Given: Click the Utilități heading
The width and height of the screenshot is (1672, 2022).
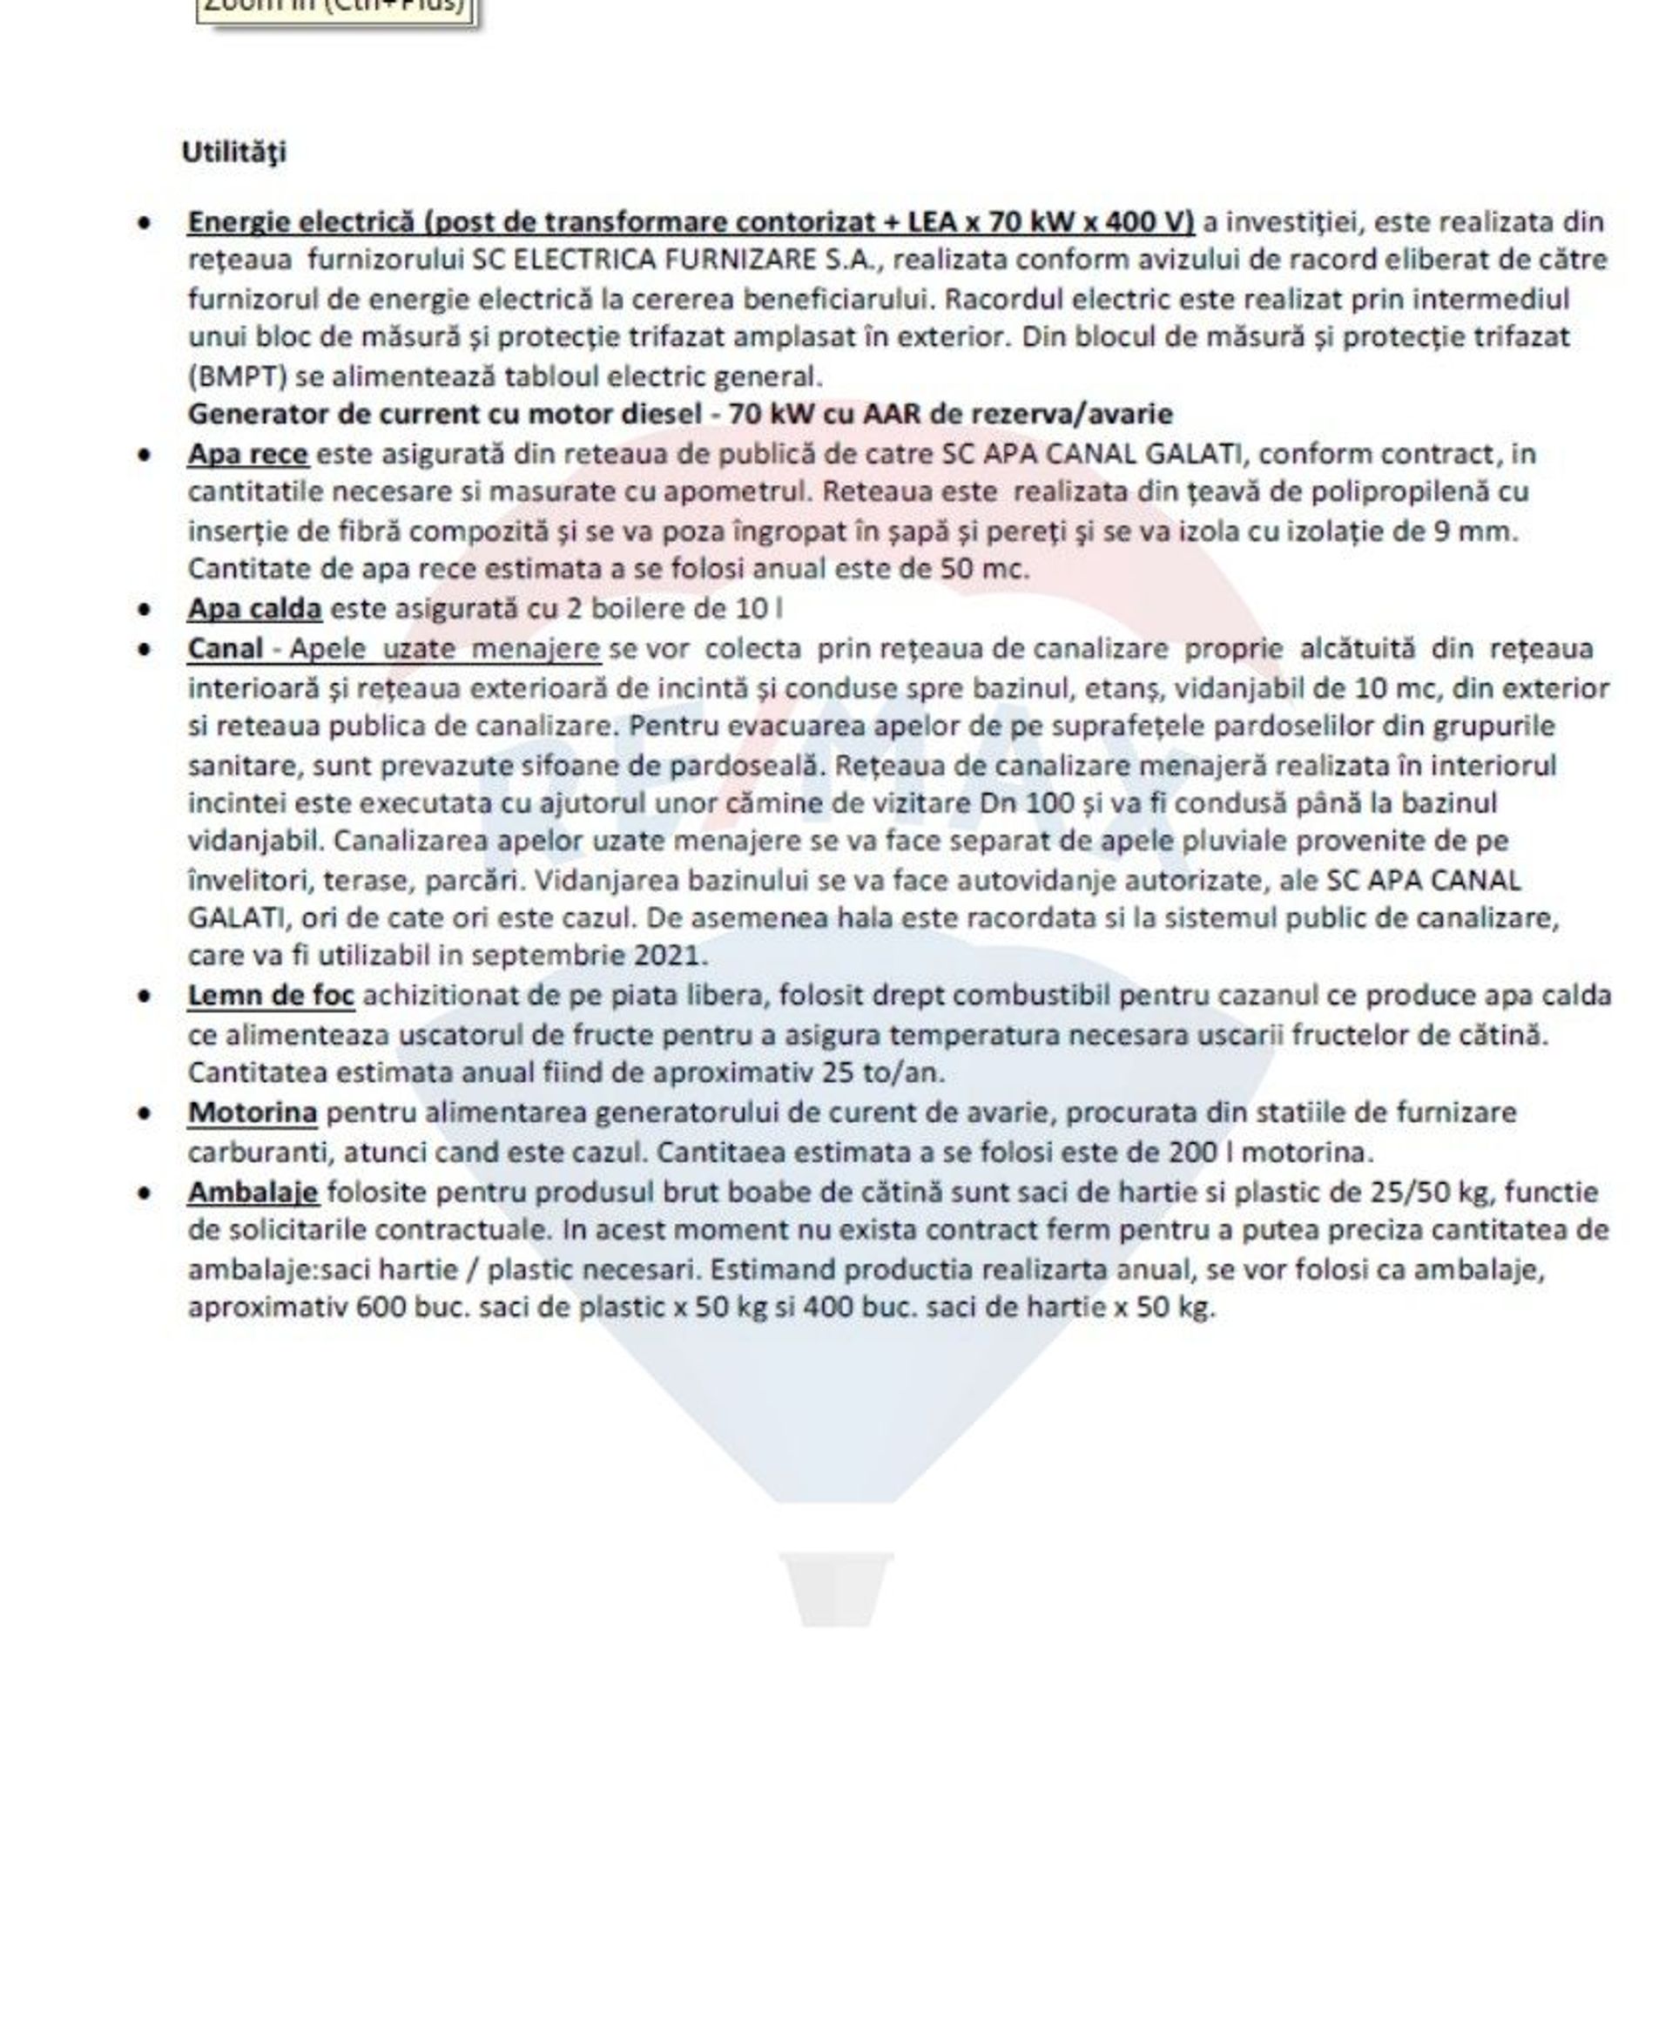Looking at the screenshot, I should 234,152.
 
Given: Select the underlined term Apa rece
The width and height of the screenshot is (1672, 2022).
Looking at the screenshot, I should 247,454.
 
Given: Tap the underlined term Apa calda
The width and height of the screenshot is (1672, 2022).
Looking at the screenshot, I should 254,609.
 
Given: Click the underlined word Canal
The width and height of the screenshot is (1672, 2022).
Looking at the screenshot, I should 226,648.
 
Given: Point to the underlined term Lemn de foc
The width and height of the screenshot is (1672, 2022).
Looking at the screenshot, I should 271,995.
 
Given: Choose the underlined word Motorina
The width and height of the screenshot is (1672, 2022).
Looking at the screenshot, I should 253,1112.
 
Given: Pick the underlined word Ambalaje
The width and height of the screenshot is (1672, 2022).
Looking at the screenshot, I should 253,1192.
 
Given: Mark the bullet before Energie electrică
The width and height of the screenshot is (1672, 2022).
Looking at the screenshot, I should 144,222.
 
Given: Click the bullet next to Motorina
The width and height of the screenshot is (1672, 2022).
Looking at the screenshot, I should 144,1113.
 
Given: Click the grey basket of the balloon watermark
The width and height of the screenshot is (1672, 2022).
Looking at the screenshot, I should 835,1588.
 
